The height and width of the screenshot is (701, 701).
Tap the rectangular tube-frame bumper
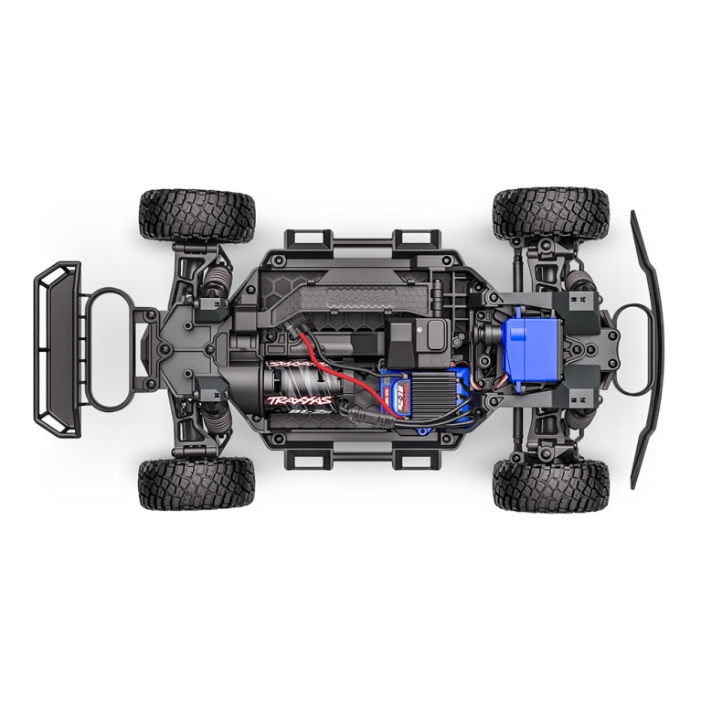click(x=57, y=348)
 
